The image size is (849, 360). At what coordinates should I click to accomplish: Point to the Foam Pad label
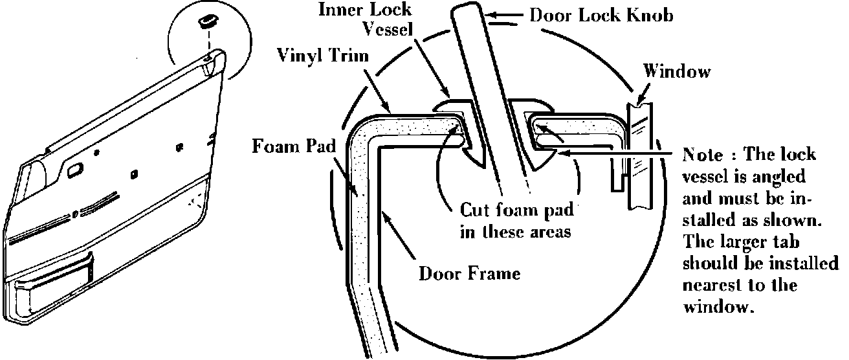click(294, 146)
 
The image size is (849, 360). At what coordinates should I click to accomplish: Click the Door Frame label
click(469, 273)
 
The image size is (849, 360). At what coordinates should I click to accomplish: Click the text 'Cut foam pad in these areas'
click(516, 221)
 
